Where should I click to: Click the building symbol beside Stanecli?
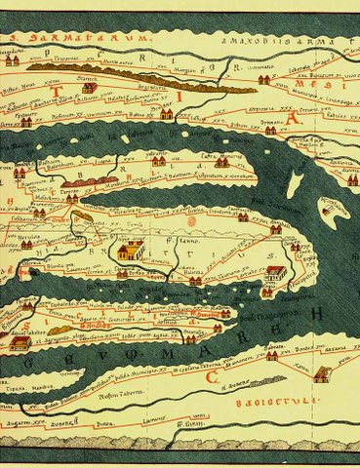tap(90, 88)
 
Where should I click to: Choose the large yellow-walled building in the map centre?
tap(128, 253)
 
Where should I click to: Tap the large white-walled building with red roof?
tap(275, 275)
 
